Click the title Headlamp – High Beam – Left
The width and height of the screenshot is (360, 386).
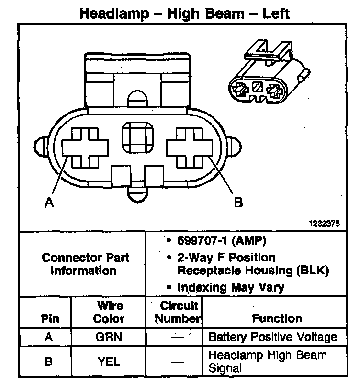tap(184, 13)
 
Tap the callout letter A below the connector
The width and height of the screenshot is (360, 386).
tap(48, 203)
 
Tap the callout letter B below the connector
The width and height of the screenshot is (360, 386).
tap(238, 203)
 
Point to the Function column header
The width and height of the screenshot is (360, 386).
tap(277, 318)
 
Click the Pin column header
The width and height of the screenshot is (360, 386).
tap(48, 318)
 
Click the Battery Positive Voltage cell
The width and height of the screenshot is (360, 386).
tap(273, 337)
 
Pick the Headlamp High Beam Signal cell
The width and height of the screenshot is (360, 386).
tap(268, 362)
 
